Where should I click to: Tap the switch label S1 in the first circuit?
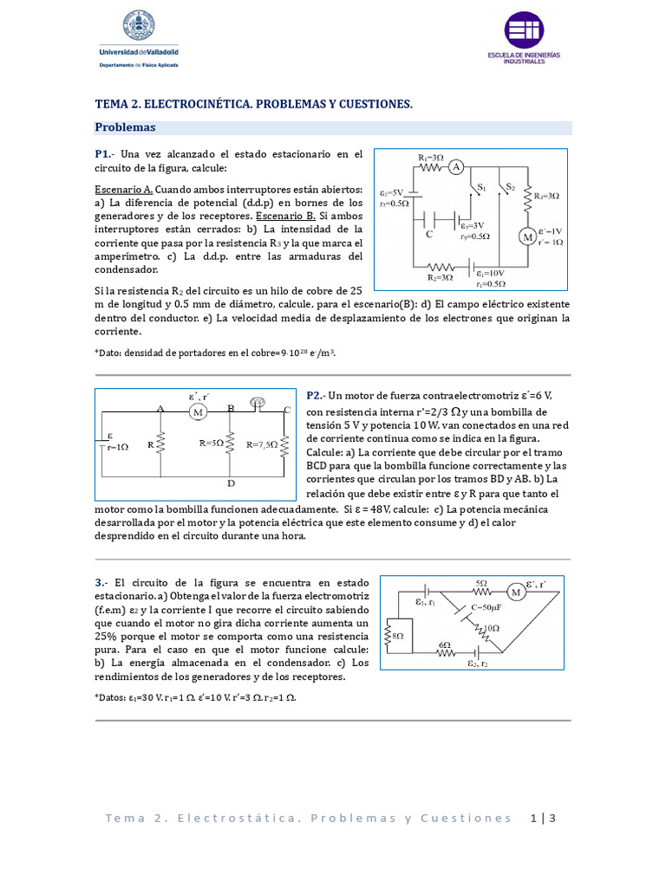pyautogui.click(x=482, y=186)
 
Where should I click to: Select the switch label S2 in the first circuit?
pyautogui.click(x=510, y=186)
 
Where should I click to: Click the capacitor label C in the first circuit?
pyautogui.click(x=428, y=234)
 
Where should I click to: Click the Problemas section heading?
pyautogui.click(x=125, y=127)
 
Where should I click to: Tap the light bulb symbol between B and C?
pyautogui.click(x=257, y=401)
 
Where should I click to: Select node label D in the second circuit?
pyautogui.click(x=230, y=482)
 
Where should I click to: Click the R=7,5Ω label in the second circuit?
pyautogui.click(x=264, y=444)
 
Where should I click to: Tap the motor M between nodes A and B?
pyautogui.click(x=198, y=412)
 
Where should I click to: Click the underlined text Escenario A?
pyautogui.click(x=124, y=189)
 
